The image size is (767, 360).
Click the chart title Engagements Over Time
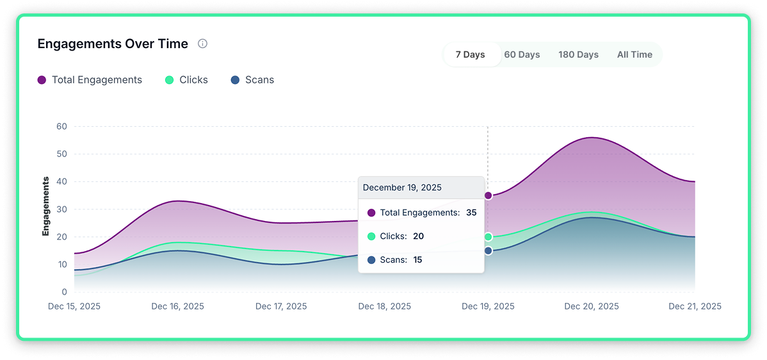click(x=113, y=44)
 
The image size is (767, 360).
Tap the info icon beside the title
click(x=202, y=44)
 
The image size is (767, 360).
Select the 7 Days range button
click(x=470, y=54)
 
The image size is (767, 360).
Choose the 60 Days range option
click(x=522, y=54)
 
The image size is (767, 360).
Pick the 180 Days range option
click(x=578, y=54)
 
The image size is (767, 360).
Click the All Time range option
click(x=634, y=54)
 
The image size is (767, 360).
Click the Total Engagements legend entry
click(x=90, y=80)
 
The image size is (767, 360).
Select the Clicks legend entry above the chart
click(x=186, y=80)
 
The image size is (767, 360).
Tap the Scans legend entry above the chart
click(x=252, y=80)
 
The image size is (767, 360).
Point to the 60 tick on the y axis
click(x=61, y=126)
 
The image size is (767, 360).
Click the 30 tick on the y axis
click(x=61, y=209)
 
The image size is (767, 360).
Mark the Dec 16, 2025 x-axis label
click(x=177, y=307)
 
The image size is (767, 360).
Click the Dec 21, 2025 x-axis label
click(x=695, y=307)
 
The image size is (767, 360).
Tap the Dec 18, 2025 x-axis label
click(x=384, y=307)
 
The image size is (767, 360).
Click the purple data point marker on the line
click(x=488, y=195)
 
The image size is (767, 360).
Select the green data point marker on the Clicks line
click(x=488, y=237)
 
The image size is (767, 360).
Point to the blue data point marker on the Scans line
click(x=488, y=250)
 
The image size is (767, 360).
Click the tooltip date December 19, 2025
click(x=402, y=188)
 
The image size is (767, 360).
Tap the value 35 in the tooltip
click(x=471, y=213)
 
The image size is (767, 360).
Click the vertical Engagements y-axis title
click(x=46, y=206)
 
